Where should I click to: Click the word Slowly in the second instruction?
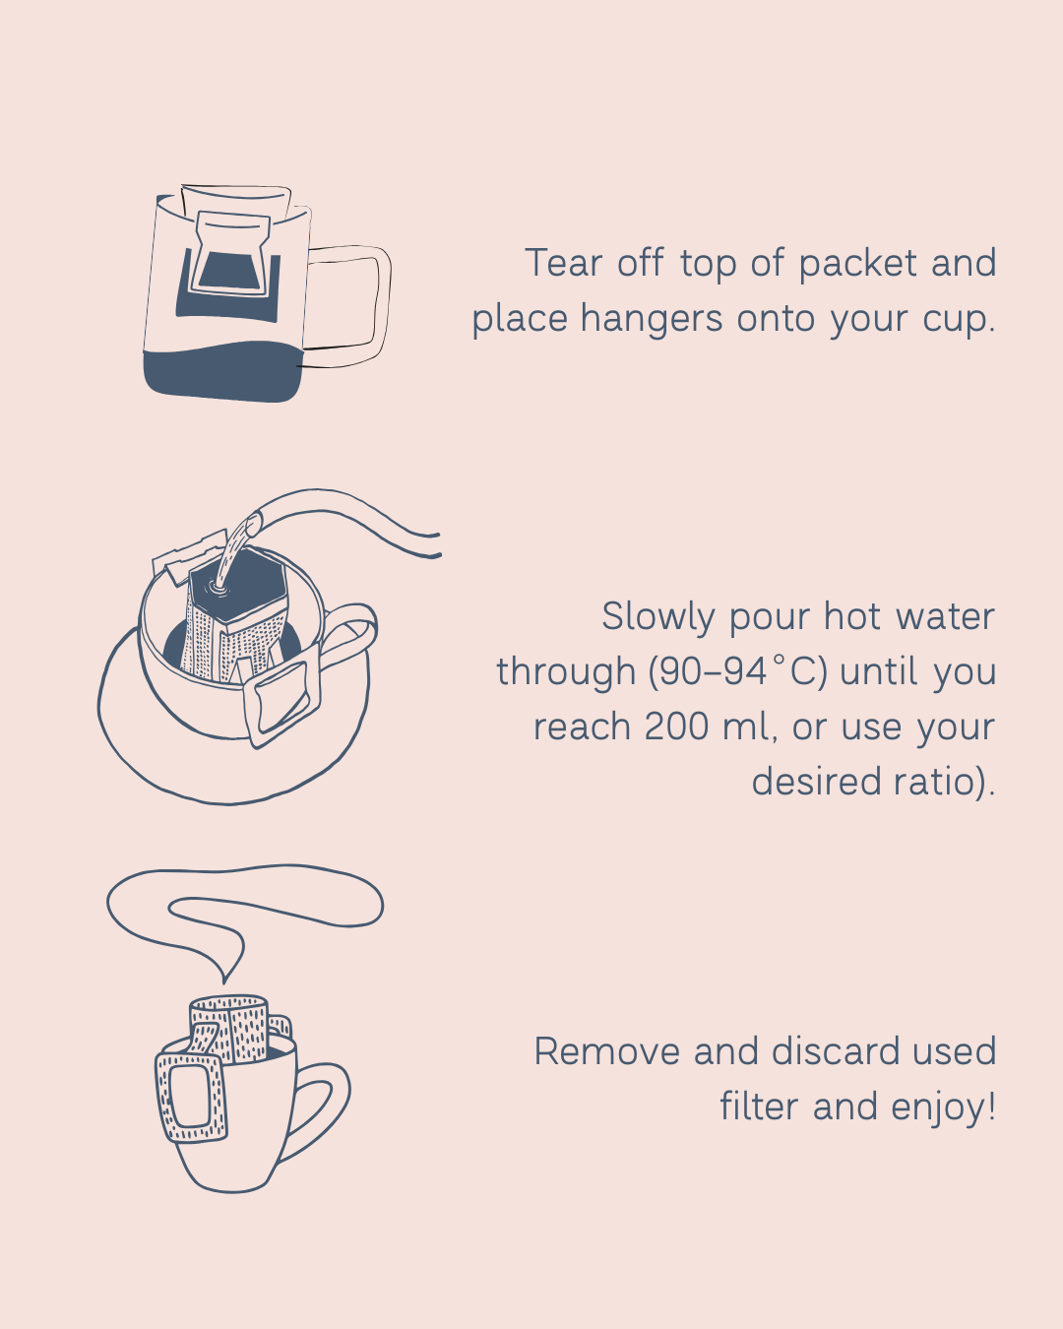657,617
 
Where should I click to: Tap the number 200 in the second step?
676,728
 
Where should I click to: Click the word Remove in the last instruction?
607,1051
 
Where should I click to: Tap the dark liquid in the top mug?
221,376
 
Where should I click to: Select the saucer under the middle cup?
148,748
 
